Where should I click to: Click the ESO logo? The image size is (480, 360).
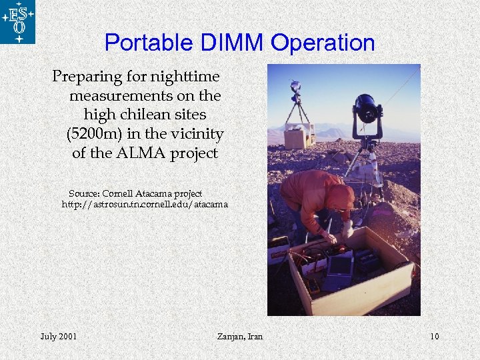18,22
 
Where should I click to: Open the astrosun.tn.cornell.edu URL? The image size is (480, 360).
145,204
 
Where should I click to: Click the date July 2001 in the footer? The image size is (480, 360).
58,336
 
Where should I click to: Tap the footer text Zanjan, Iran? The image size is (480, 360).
240,336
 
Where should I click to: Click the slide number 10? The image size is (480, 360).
434,336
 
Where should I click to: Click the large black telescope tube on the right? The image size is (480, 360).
367,108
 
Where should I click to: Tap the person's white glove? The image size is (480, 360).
347,229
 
